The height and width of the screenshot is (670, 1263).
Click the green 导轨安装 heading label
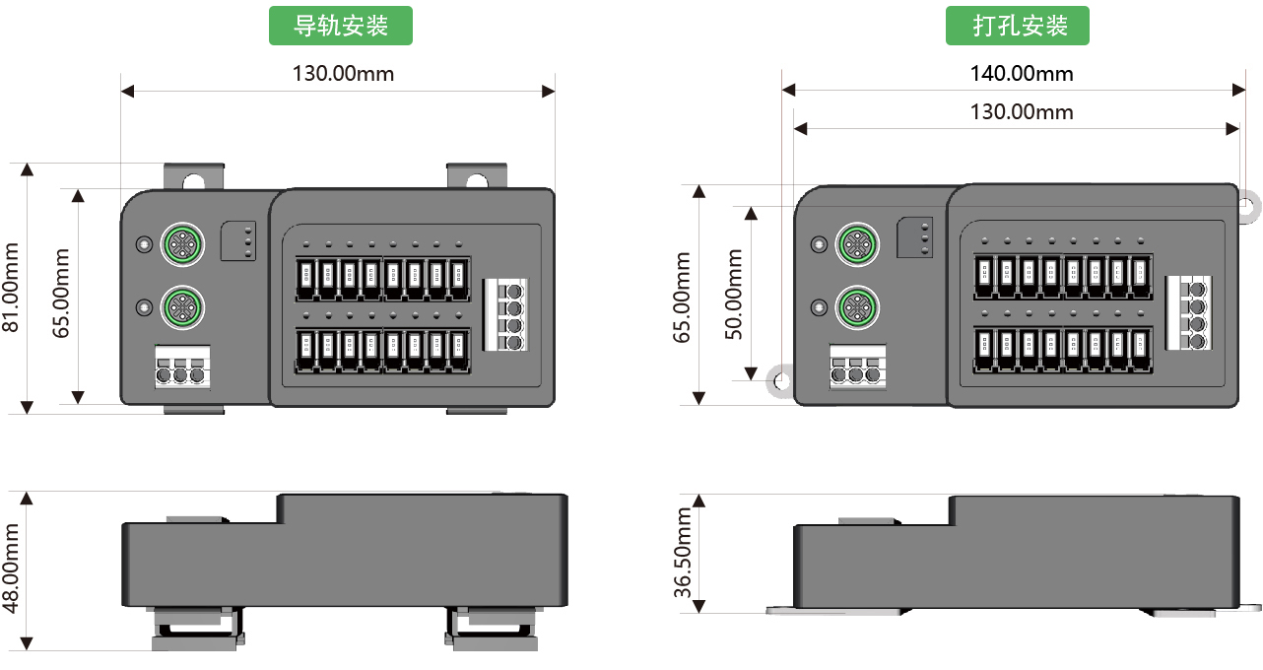pos(341,26)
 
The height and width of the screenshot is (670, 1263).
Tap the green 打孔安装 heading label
pos(1018,26)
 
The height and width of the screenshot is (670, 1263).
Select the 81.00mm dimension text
pos(12,287)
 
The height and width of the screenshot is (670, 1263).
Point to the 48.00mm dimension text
pos(12,569)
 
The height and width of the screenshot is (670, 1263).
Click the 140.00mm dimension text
pos(1021,73)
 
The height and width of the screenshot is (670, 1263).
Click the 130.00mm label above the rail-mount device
pos(343,73)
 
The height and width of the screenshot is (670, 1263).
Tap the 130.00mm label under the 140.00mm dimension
pos(1021,111)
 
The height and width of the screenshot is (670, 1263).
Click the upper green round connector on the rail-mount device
pos(182,242)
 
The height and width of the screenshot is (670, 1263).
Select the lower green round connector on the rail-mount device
pos(182,304)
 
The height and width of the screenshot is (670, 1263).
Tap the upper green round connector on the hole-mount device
pos(856,242)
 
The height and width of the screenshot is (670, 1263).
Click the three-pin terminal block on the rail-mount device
pos(182,368)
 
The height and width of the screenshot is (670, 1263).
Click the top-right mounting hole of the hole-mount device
pos(1246,205)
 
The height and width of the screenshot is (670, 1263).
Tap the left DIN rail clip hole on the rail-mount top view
pos(194,180)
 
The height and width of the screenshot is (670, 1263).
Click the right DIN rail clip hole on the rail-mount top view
pos(477,180)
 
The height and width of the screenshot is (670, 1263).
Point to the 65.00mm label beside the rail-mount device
pos(61,294)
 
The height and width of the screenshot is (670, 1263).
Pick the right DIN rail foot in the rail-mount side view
pos(493,631)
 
